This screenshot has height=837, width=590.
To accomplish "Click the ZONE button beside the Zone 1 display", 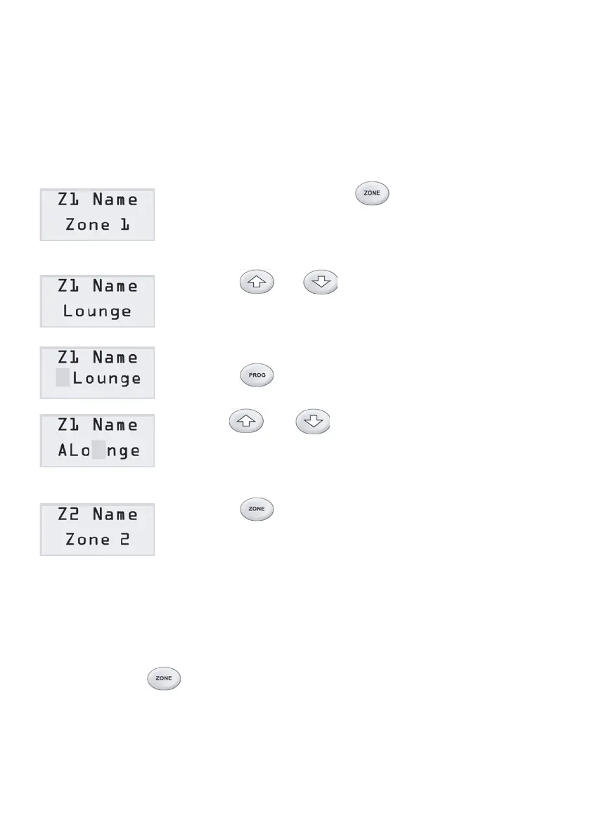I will coord(373,194).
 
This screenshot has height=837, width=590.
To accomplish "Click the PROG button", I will coord(257,375).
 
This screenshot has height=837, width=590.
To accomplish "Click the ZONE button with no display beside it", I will coord(164,679).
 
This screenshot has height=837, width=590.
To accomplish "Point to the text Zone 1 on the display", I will coord(97,226).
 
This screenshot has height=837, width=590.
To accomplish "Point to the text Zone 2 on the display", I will coord(97,540).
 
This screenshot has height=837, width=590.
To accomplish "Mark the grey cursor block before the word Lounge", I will coord(63,378).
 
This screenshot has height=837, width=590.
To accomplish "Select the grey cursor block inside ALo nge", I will coord(99,450).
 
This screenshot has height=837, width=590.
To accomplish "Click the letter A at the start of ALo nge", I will coord(63,450).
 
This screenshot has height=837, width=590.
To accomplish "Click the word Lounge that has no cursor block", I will coord(97,311).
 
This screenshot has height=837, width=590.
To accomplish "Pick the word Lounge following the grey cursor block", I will coord(106,378).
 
